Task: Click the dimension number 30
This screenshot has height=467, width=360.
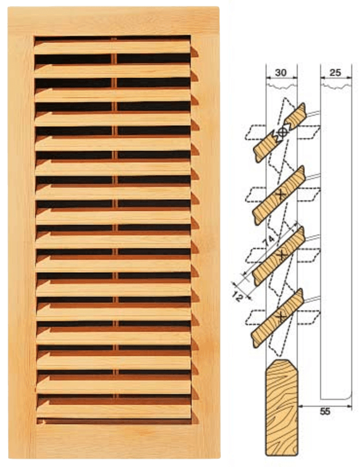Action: (x=281, y=73)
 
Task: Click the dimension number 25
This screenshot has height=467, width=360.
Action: (x=336, y=73)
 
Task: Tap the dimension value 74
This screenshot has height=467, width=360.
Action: (x=270, y=241)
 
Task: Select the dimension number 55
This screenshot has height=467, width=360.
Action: (x=325, y=412)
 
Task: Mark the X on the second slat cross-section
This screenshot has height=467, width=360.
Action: (x=281, y=195)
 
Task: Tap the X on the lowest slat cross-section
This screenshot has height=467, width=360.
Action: (x=281, y=317)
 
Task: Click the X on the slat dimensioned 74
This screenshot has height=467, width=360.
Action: (x=281, y=255)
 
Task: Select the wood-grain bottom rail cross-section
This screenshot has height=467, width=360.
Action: (x=281, y=407)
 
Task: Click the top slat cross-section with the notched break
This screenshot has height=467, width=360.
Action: (x=280, y=133)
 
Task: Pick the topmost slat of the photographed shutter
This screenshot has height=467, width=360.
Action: (x=112, y=47)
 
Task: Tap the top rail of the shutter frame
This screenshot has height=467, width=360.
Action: (x=114, y=21)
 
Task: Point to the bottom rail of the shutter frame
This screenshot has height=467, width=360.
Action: (x=114, y=441)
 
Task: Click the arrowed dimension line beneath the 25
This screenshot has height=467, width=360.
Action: (x=336, y=78)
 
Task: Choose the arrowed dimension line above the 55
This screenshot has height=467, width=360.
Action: (x=325, y=405)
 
